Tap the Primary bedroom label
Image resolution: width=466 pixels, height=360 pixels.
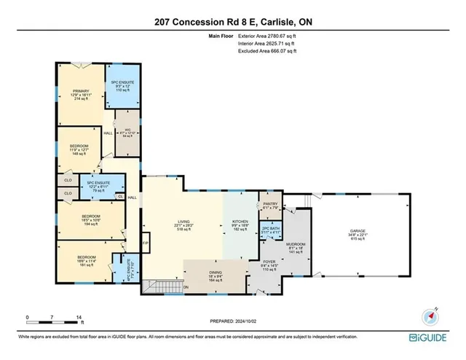tap(80, 91)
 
